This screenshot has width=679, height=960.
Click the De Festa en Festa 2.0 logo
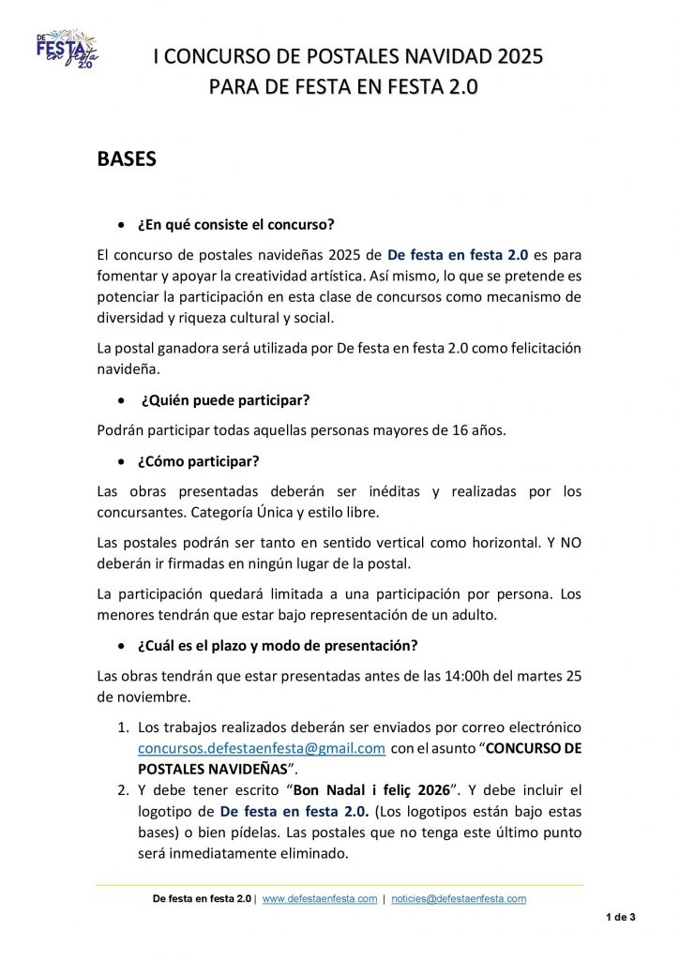(x=67, y=50)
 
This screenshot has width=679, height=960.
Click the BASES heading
(x=127, y=159)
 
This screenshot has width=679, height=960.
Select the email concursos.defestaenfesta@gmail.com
(x=262, y=748)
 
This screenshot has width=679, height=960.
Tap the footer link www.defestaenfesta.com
(x=320, y=898)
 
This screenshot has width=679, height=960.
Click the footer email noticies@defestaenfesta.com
(x=459, y=898)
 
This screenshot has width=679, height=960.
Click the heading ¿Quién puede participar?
(x=225, y=400)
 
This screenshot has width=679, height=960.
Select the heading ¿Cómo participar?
(x=198, y=461)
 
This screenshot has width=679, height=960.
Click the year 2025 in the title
(x=510, y=57)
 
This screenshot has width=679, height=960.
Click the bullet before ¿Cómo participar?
(x=120, y=462)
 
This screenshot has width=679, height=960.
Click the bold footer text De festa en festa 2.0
(x=202, y=898)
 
